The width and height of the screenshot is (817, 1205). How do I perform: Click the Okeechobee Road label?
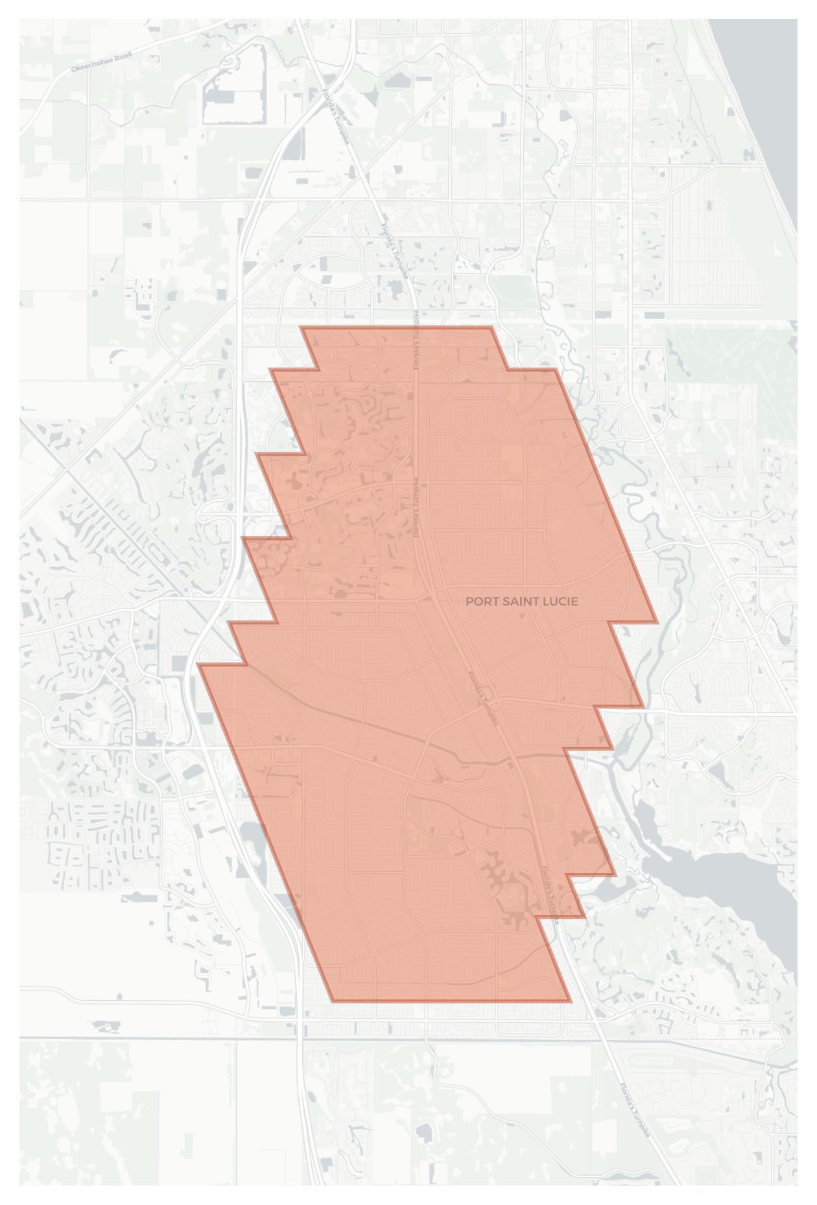tap(101, 62)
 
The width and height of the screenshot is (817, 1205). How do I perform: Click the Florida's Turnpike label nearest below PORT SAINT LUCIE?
tap(484, 698)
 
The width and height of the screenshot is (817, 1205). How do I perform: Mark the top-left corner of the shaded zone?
tap(302, 328)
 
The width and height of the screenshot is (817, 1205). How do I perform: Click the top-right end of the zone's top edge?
tap(491, 328)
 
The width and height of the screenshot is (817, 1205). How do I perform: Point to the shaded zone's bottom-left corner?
tap(333, 1001)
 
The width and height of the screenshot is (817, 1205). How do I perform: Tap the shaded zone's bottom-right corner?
tap(569, 1001)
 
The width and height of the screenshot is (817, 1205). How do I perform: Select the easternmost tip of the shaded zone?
tap(657, 622)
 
